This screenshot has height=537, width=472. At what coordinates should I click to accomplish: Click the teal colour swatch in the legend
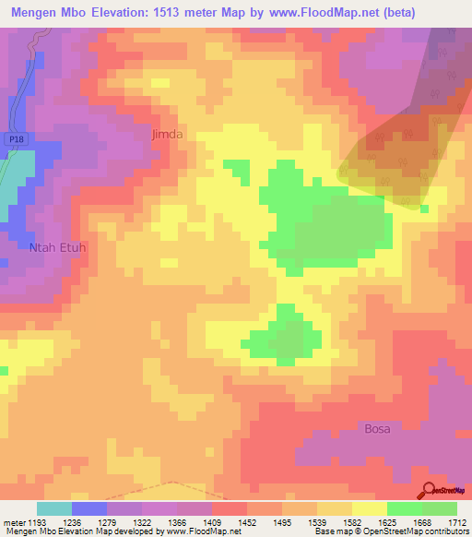pos(54,508)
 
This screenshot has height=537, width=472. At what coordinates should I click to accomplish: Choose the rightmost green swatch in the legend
pos(439,508)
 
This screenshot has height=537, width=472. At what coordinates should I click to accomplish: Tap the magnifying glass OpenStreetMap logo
pos(430,490)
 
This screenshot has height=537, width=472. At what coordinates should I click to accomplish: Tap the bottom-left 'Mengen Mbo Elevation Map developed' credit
pos(83,532)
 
